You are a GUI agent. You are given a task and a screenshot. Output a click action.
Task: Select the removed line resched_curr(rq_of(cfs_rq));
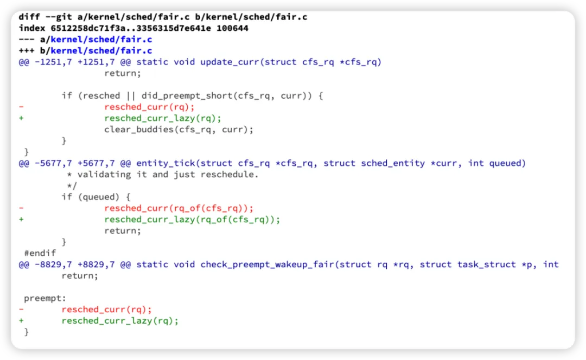point(179,208)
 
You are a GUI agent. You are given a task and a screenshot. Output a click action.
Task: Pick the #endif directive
point(40,253)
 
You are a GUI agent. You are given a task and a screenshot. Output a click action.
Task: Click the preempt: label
point(45,298)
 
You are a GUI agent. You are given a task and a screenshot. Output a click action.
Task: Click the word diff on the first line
point(29,17)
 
